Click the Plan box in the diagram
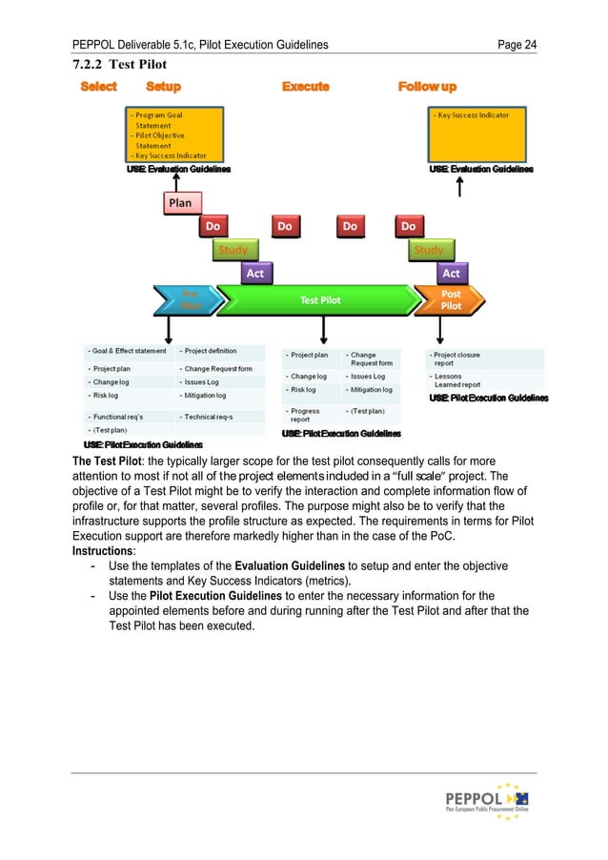(179, 203)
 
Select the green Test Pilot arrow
(320, 299)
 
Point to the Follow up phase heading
(427, 87)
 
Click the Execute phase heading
(305, 87)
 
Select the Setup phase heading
(163, 87)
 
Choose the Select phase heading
(99, 87)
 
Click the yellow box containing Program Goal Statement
(175, 134)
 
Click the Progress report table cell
(306, 416)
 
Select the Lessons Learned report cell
(456, 379)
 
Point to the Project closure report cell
(456, 358)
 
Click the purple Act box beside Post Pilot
(450, 274)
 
